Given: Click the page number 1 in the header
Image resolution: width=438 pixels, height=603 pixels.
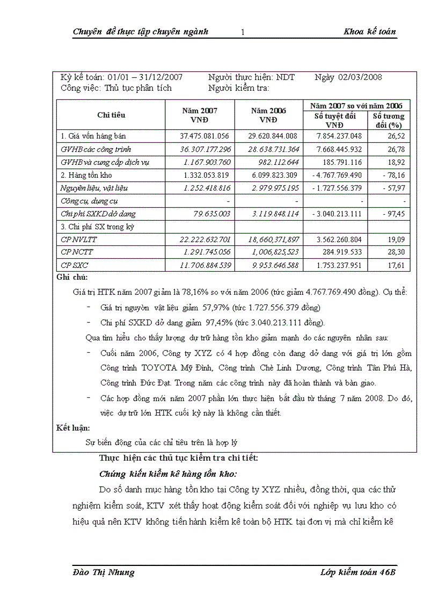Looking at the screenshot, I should coord(243,32).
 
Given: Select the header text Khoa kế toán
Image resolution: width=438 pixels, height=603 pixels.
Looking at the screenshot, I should coord(369,32).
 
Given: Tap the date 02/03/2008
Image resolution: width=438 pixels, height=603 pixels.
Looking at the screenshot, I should coord(360,77).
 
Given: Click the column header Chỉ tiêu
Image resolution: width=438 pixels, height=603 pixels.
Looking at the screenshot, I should coord(111,114).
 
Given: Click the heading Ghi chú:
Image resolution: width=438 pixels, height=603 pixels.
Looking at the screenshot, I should coord(72,278).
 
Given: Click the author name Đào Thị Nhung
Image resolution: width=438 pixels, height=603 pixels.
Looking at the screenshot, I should coord(104,572).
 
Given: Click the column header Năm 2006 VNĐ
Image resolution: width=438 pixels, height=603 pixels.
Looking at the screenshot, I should coord(268,114).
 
